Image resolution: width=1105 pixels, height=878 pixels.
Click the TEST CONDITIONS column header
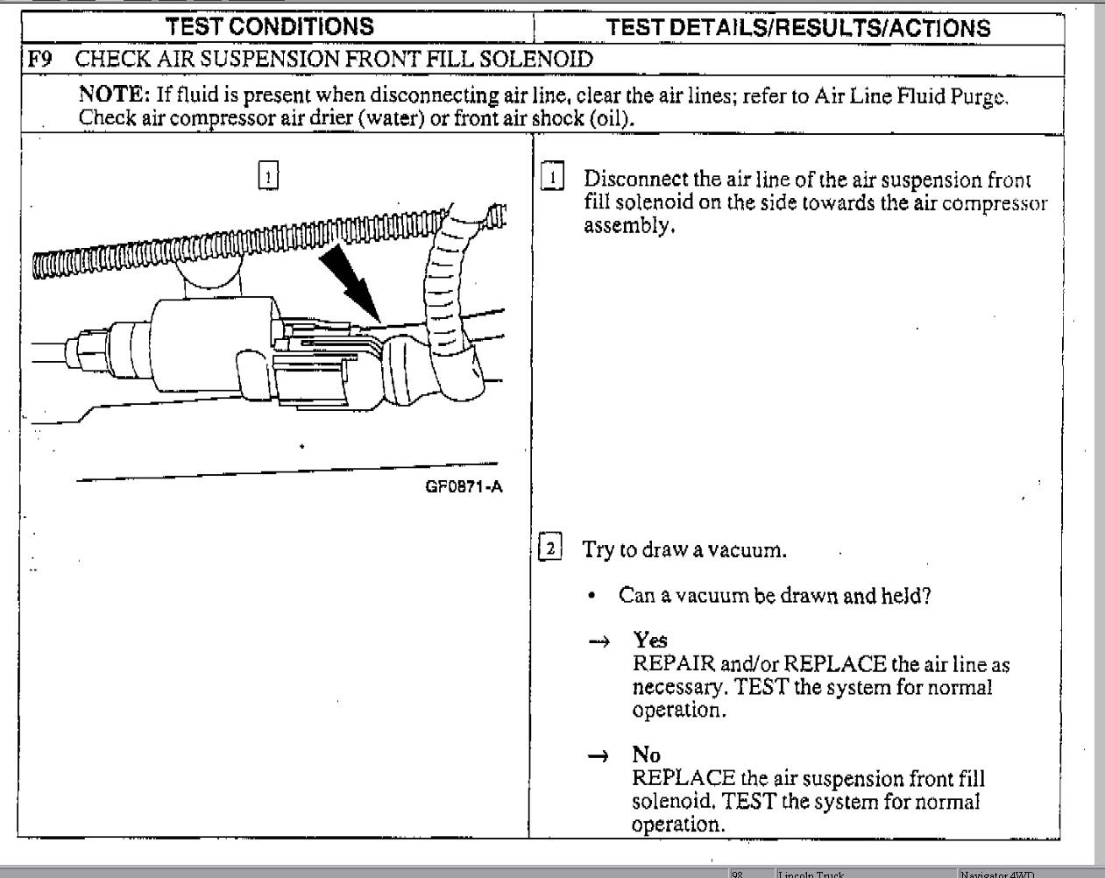click(270, 26)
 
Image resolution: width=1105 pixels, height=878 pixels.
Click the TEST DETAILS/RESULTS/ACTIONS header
click(797, 27)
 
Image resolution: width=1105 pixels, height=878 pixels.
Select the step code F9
click(39, 60)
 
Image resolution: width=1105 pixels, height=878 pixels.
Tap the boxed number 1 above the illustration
click(268, 176)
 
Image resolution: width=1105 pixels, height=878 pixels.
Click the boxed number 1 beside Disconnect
click(553, 177)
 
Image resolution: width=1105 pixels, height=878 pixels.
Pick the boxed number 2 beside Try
click(550, 549)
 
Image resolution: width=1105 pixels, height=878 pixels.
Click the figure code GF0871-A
click(464, 488)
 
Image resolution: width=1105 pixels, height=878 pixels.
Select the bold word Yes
click(650, 641)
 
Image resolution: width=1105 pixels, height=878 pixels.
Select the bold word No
click(647, 754)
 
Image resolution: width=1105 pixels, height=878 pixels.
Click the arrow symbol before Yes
click(599, 642)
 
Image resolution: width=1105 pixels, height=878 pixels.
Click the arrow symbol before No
click(598, 756)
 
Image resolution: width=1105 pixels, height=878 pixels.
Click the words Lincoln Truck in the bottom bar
click(811, 874)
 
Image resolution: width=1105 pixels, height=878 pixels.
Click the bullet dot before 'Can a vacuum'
click(593, 597)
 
